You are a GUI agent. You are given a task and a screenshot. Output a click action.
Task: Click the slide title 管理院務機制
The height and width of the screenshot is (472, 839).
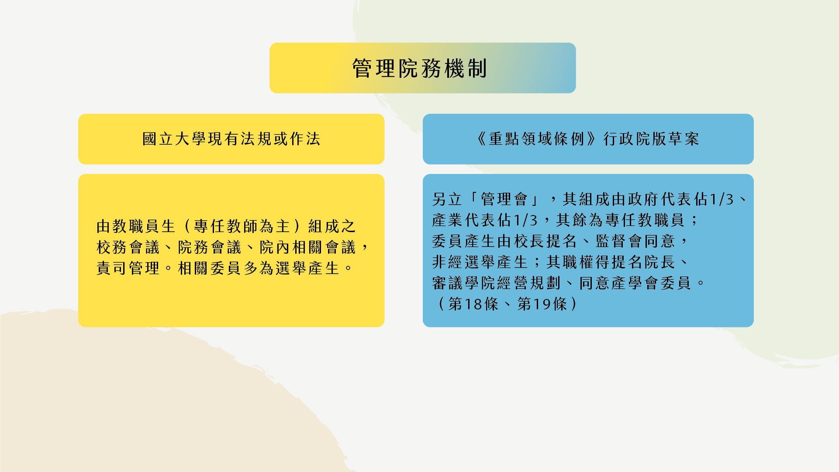point(419,69)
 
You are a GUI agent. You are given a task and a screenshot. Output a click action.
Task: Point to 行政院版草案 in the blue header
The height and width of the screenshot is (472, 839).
point(652,139)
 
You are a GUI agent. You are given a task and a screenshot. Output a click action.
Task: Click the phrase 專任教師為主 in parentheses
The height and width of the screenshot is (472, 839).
point(242,226)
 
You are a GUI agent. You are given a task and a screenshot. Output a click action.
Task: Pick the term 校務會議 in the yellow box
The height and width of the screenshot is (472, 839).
point(128,247)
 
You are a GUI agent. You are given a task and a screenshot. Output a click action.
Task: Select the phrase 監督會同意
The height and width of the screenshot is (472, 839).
point(635,241)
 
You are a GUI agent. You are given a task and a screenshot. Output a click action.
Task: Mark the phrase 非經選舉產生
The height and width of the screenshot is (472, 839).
point(480,262)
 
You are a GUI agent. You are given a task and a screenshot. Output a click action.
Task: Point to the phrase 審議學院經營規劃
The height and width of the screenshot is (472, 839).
point(496,283)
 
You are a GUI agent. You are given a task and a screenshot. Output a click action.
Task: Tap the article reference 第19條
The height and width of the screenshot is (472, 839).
point(542,304)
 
